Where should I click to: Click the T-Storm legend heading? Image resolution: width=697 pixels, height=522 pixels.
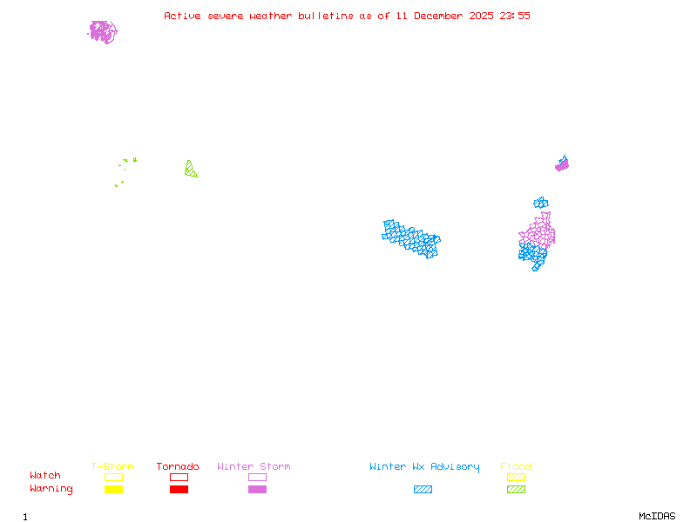pyautogui.click(x=112, y=467)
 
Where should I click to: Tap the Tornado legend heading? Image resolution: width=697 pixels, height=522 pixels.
pyautogui.click(x=178, y=467)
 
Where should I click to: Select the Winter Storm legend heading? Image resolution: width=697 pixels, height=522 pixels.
pyautogui.click(x=254, y=467)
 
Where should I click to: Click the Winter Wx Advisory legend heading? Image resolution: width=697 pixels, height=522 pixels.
pyautogui.click(x=424, y=467)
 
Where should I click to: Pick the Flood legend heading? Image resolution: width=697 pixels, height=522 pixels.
pyautogui.click(x=515, y=467)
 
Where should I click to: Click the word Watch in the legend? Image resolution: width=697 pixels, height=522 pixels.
pyautogui.click(x=45, y=476)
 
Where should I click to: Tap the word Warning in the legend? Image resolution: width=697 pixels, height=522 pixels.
pyautogui.click(x=51, y=489)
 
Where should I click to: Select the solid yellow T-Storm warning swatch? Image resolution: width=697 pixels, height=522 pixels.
pyautogui.click(x=113, y=490)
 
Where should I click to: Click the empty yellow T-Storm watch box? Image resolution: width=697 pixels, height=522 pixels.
pyautogui.click(x=113, y=477)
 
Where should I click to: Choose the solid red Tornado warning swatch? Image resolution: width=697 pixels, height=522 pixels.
pyautogui.click(x=179, y=490)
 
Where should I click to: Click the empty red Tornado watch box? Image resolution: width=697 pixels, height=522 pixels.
pyautogui.click(x=179, y=477)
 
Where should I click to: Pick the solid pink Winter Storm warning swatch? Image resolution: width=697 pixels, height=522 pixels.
pyautogui.click(x=257, y=490)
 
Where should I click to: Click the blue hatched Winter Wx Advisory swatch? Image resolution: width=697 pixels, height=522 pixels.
pyautogui.click(x=423, y=490)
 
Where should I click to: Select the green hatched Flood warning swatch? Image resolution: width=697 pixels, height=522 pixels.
pyautogui.click(x=516, y=490)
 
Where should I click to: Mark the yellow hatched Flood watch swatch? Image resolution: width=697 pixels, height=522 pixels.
pyautogui.click(x=516, y=477)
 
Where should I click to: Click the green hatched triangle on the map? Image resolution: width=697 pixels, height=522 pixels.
pyautogui.click(x=189, y=170)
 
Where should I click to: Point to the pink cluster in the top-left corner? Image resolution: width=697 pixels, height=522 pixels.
pyautogui.click(x=103, y=32)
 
